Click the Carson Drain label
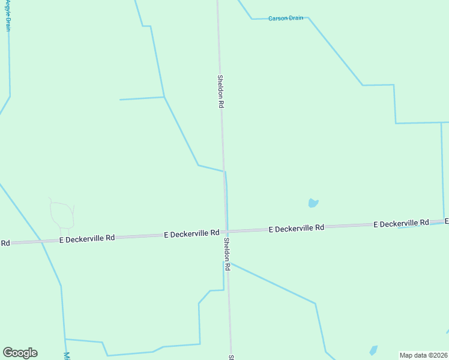coord(286,19)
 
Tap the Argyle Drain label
coord(8,15)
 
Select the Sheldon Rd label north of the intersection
coord(221,91)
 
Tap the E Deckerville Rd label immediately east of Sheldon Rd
coord(296,229)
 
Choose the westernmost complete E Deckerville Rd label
coord(86,239)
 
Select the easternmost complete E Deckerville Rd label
coord(400,224)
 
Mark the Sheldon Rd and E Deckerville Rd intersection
coord(226,232)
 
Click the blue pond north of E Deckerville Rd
coord(313,203)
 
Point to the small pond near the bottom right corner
coord(373,350)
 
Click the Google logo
coord(20,353)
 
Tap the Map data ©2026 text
coord(424,355)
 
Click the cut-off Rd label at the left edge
coord(5,243)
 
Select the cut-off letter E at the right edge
coord(446,221)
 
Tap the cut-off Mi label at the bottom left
coord(67,355)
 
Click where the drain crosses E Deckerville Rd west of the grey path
coord(41,241)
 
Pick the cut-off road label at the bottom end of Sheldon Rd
coord(231,356)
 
